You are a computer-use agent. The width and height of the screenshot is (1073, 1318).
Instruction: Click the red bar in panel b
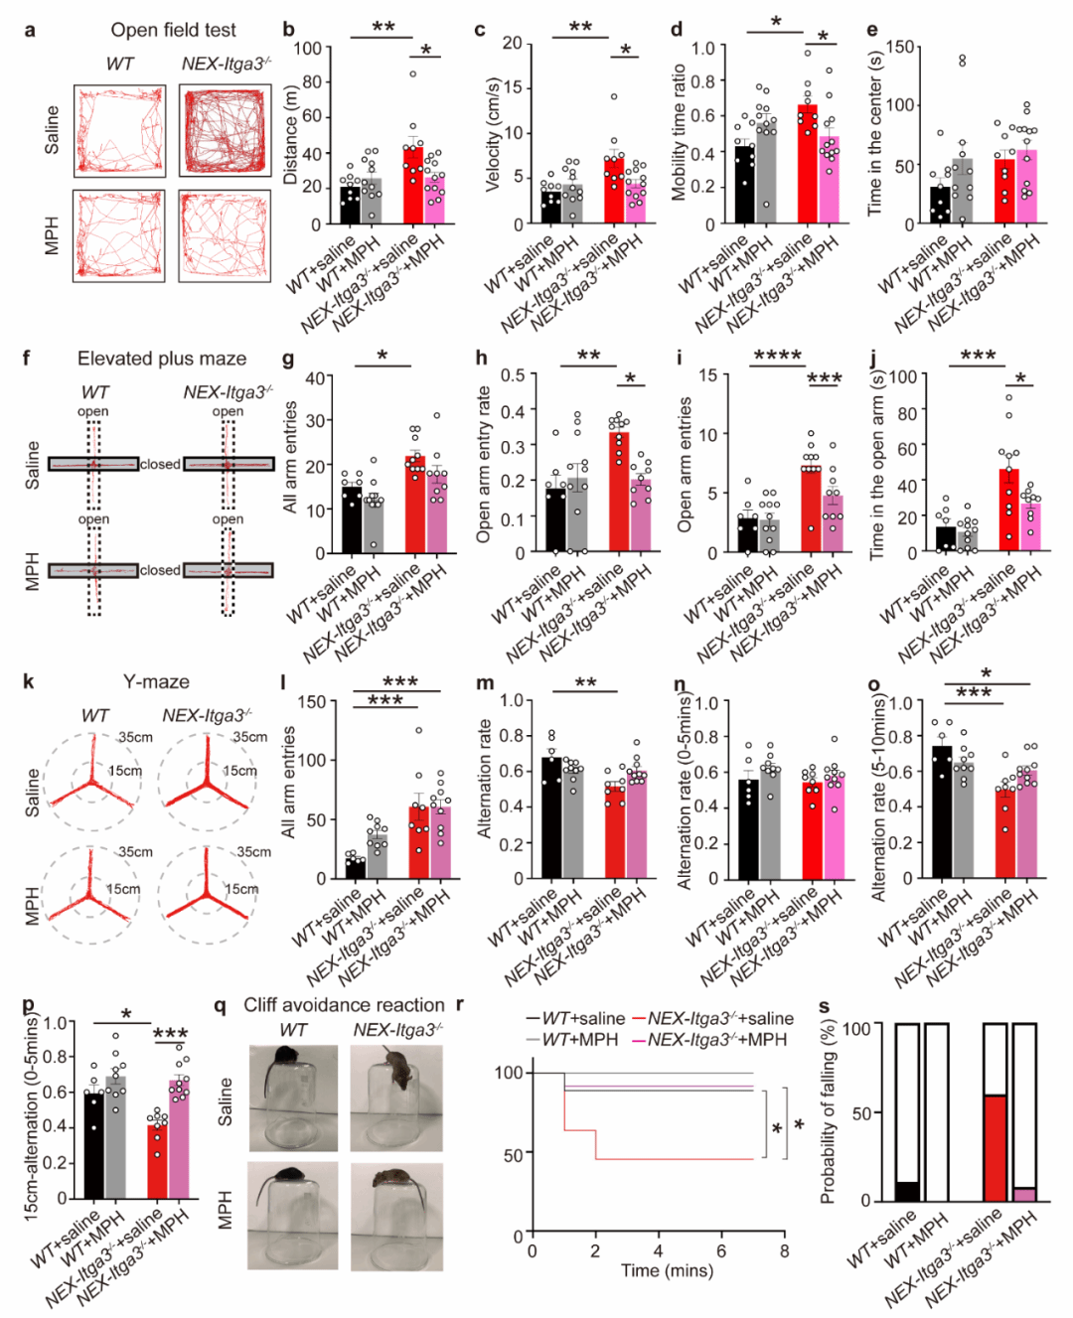point(412,186)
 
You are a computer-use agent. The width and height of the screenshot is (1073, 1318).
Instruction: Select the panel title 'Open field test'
point(174,30)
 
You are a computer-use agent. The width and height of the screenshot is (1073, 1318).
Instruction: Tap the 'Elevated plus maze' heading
point(162,359)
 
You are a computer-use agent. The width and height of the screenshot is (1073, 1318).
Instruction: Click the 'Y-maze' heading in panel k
point(156,681)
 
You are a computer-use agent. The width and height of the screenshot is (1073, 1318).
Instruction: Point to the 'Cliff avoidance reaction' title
point(344,1005)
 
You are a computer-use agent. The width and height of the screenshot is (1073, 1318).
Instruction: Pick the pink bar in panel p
point(179,1140)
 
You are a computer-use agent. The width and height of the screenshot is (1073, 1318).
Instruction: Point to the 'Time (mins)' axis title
point(667,1270)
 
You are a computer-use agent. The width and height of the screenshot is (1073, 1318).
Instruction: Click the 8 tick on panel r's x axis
point(784,1251)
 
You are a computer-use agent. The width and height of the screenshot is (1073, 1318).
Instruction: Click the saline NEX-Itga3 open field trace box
point(225,130)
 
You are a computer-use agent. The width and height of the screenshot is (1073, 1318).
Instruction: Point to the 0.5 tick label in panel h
point(513,376)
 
